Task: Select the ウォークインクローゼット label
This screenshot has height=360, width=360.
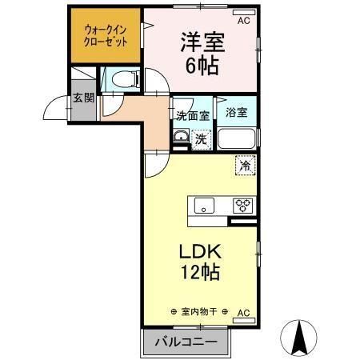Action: (105, 37)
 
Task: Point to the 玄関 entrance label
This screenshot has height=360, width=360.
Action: (83, 99)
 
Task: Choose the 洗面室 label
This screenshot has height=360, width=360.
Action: (193, 115)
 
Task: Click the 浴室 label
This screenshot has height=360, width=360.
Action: (236, 113)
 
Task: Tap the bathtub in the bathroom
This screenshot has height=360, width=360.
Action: (238, 139)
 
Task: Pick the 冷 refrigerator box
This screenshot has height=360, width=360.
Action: (245, 166)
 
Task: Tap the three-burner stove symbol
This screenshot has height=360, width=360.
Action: (241, 205)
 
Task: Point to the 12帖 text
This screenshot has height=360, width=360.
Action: (200, 272)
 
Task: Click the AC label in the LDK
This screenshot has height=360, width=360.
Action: (243, 312)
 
